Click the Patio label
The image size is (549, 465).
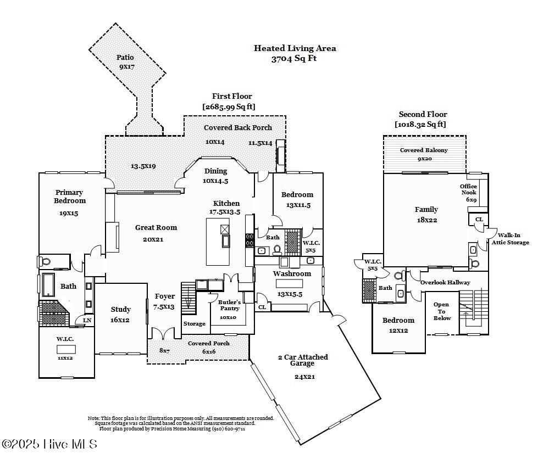pos(125,57)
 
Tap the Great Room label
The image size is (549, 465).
pos(156,227)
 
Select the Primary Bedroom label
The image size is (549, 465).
pos(69,197)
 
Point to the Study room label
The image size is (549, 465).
pos(120,310)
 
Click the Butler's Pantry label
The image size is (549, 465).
pos(229,305)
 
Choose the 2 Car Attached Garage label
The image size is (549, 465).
pos(302,360)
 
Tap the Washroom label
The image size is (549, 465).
pos(292,273)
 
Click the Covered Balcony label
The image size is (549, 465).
pos(424,150)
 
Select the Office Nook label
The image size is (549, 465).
pos(468,189)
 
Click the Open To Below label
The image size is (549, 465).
pos(441,311)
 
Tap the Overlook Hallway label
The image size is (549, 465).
pos(445,282)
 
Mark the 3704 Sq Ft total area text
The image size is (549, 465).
pos(294,59)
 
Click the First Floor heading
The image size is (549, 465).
pos(232,96)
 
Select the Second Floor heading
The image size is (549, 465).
pos(423,114)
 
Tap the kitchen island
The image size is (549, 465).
pos(218,242)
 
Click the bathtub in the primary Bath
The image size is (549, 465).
pos(48,284)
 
